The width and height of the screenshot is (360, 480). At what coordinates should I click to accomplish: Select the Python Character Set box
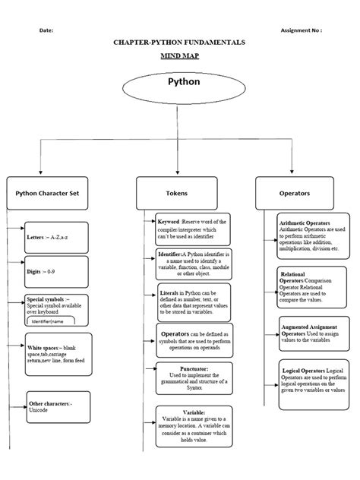point(48,193)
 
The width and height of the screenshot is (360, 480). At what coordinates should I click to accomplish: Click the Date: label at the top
point(46,31)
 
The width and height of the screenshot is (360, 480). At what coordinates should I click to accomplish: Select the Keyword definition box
point(192,229)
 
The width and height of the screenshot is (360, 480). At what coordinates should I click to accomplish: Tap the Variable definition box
point(192,425)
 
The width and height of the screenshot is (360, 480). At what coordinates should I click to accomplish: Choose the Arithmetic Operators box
point(312,236)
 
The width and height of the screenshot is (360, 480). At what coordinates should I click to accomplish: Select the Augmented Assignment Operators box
point(312,333)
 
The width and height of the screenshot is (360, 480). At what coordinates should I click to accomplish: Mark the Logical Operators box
point(312,382)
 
